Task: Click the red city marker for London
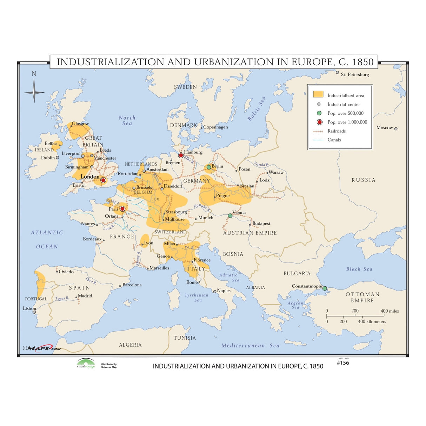click(103, 180)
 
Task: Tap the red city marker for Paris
click(122, 209)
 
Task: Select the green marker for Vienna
click(230, 216)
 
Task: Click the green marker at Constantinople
click(325, 288)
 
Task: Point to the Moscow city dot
click(396, 129)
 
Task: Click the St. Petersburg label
click(355, 74)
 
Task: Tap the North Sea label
click(127, 120)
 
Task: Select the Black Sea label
click(359, 269)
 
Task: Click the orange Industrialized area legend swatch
click(318, 94)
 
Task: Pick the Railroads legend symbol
click(318, 131)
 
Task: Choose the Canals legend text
click(334, 140)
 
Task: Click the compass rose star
click(34, 92)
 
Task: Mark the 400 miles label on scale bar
click(390, 311)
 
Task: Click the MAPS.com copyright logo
click(42, 348)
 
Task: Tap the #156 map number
click(343, 363)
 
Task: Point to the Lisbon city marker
click(34, 312)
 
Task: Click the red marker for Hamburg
click(181, 155)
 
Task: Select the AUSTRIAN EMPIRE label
click(250, 233)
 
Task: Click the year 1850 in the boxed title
click(363, 62)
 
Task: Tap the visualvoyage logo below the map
click(86, 364)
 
